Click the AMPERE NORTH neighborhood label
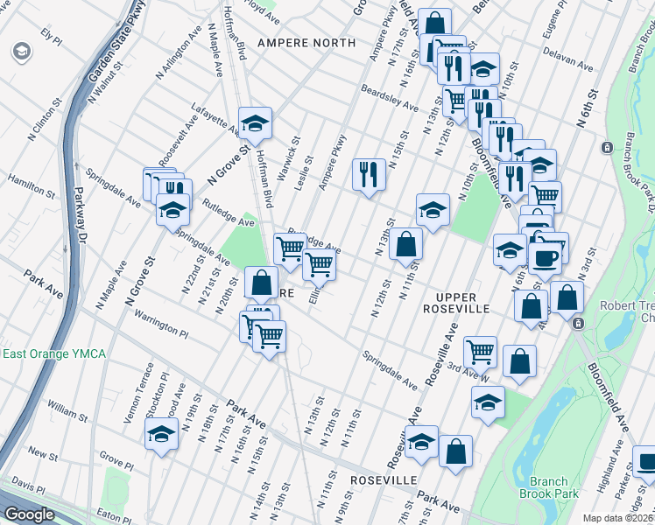click(x=306, y=43)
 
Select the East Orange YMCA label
click(x=53, y=353)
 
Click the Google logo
click(x=29, y=514)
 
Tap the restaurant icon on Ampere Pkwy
click(x=369, y=173)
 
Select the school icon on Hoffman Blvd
click(x=255, y=123)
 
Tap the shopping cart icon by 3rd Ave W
click(x=480, y=352)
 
